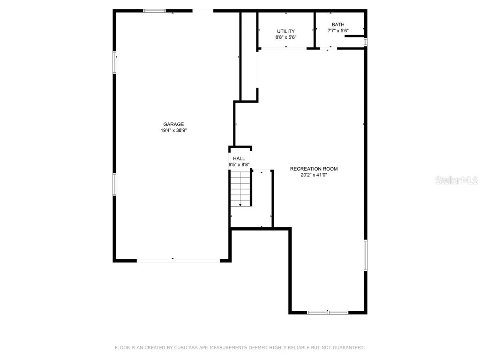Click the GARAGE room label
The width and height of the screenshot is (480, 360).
[173, 124]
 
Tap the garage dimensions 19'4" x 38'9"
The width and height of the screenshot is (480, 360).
[173, 131]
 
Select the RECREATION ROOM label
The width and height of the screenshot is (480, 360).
[314, 169]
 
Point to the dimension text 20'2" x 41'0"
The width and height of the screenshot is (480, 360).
[314, 175]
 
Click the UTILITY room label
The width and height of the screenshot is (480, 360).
[285, 31]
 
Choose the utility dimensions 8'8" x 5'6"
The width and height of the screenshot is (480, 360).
[285, 37]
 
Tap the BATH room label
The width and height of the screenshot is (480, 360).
[337, 25]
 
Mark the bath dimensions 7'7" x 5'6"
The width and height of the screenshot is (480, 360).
[337, 31]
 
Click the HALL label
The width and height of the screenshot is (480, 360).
[239, 159]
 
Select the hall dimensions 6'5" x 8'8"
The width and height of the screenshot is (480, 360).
[239, 165]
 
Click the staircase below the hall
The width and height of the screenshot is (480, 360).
[240, 188]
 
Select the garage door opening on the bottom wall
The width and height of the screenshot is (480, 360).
[178, 260]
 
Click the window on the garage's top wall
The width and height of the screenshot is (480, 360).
[154, 10]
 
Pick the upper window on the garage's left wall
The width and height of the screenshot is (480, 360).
[114, 62]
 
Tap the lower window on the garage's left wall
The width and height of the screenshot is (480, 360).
[114, 184]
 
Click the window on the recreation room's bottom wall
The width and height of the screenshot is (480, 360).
[328, 312]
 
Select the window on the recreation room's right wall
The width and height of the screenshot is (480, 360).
[366, 255]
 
